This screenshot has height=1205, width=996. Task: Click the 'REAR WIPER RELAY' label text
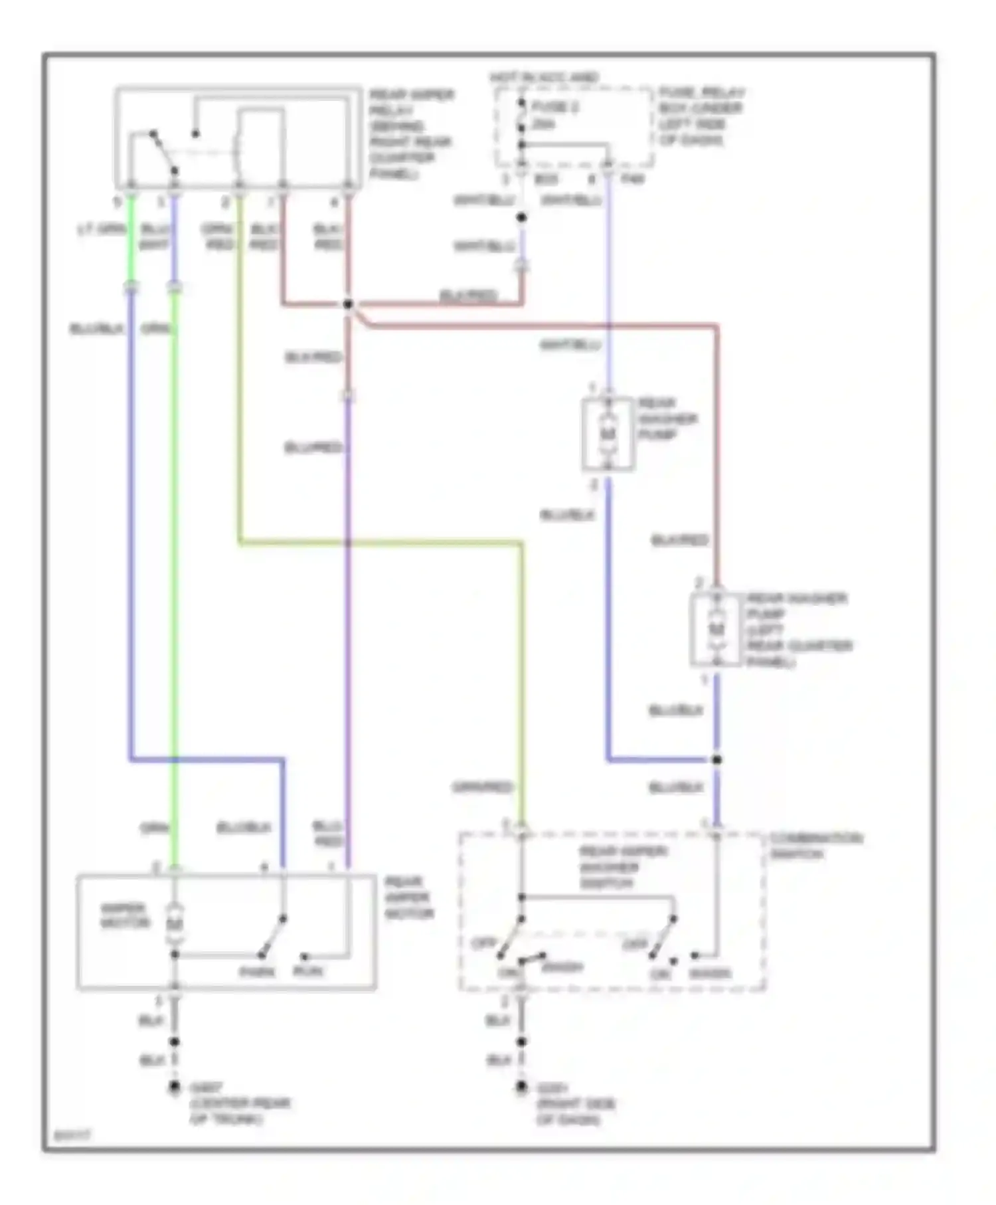tap(411, 103)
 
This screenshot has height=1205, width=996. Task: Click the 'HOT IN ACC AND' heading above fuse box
tap(544, 78)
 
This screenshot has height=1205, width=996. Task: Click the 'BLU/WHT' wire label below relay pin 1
tap(154, 237)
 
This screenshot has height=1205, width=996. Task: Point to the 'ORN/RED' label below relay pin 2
tap(218, 237)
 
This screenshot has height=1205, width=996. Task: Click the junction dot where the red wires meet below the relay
tap(347, 304)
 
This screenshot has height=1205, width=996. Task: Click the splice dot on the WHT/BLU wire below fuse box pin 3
tap(521, 217)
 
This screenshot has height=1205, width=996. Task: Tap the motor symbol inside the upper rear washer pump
tap(608, 433)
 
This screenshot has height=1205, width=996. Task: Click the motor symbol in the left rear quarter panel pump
tap(716, 628)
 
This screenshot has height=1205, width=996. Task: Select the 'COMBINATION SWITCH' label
tap(815, 845)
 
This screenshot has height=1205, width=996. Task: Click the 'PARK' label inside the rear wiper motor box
tap(257, 972)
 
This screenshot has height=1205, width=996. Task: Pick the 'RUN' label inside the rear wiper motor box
tap(308, 972)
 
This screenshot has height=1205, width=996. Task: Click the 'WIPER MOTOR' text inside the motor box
tap(124, 915)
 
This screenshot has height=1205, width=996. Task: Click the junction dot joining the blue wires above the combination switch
tap(716, 759)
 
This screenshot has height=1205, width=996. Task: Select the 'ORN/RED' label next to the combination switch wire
tap(483, 787)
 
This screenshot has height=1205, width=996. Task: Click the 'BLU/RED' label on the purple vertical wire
tap(313, 447)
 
